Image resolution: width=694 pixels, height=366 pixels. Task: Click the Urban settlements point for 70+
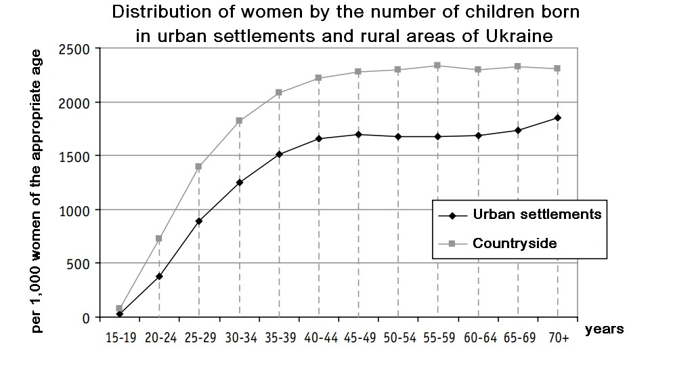558,118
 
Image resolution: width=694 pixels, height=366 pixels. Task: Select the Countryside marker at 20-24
159,239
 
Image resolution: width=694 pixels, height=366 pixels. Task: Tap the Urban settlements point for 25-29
199,221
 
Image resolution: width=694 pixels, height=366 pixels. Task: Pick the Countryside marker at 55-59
437,66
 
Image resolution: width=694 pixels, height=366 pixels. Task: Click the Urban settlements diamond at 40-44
318,138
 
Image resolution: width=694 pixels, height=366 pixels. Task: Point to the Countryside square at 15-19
119,308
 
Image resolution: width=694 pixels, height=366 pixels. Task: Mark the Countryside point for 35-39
278,93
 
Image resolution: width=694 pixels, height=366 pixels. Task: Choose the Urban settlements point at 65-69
518,130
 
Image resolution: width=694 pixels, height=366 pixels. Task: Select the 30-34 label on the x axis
240,337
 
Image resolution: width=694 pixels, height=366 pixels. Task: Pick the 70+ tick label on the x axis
558,337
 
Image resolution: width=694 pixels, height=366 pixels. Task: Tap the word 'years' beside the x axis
604,329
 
